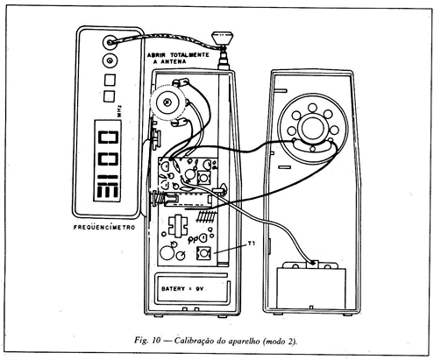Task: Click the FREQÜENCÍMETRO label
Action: point(104,227)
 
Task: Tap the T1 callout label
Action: point(252,243)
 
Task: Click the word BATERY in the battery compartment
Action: point(173,289)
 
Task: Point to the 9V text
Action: point(199,289)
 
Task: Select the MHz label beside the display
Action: point(120,111)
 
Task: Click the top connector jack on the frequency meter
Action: point(110,43)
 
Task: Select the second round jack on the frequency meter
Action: point(110,60)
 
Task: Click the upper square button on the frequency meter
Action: point(110,80)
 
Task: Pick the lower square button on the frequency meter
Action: point(110,96)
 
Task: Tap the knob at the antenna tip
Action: point(222,38)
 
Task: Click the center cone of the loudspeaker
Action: point(313,129)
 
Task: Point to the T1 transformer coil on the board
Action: point(204,252)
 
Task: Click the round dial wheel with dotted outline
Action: point(167,102)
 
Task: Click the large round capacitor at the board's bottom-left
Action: point(167,253)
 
